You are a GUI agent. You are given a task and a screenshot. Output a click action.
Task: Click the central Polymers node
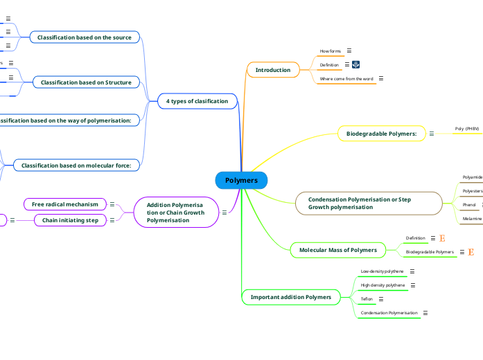click(241, 180)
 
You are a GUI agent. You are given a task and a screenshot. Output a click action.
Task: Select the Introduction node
click(273, 70)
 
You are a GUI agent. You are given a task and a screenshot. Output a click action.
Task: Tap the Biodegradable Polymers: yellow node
click(380, 133)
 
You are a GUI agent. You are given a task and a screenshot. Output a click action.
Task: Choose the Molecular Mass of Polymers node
click(337, 249)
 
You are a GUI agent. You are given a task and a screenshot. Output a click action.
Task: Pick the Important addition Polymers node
click(290, 297)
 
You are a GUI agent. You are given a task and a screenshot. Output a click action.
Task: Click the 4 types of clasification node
click(197, 101)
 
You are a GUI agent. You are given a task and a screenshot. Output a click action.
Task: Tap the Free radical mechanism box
click(65, 204)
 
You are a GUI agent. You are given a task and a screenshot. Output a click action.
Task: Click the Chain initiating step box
click(70, 220)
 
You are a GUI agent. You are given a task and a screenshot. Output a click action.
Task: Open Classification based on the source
click(84, 37)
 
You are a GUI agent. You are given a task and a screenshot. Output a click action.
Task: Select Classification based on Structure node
click(86, 82)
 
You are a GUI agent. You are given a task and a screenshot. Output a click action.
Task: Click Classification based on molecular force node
click(76, 165)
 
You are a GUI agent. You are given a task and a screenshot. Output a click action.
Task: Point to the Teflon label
click(367, 299)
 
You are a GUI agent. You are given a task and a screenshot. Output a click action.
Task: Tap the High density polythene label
click(383, 285)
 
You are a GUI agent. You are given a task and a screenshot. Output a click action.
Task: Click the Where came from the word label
click(346, 79)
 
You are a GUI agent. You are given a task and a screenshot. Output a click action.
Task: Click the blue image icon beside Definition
click(356, 64)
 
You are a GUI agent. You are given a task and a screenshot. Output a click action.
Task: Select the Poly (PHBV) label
click(466, 129)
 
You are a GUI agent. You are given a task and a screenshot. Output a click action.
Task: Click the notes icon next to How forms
click(349, 51)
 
